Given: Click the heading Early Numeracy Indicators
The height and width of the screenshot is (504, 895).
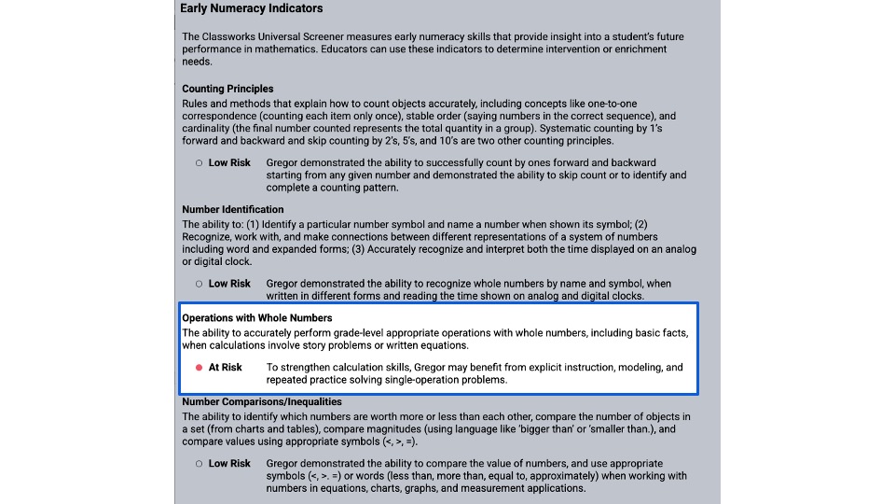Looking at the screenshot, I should click(251, 8).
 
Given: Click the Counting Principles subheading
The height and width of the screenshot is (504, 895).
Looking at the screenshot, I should click(227, 89).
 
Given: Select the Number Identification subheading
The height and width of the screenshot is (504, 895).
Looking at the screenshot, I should click(232, 209).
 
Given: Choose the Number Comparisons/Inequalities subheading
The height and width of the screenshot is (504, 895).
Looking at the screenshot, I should click(261, 402).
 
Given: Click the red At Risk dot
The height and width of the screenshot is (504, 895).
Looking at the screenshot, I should click(199, 368).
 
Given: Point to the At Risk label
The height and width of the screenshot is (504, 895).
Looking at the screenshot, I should click(225, 368).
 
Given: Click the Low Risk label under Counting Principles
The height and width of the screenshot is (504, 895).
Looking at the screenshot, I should click(229, 162).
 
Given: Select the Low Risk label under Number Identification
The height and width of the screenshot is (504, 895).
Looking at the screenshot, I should click(229, 284).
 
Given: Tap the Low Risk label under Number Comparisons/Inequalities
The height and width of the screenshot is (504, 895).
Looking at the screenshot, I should click(229, 464).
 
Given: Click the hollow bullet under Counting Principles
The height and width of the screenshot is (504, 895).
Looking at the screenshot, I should click(199, 162).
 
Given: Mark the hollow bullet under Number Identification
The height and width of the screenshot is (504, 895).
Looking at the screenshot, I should click(199, 284).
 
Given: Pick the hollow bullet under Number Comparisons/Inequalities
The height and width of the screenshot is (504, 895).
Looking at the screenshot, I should click(199, 464).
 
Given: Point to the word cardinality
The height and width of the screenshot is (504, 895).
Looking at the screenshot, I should click(209, 129).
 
